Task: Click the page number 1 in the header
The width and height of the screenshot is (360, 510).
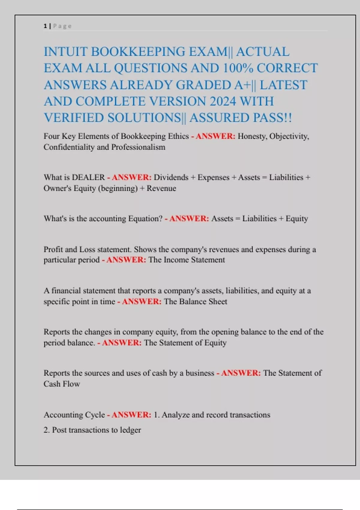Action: (x=45, y=26)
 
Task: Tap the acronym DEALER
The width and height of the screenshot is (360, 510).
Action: (x=88, y=177)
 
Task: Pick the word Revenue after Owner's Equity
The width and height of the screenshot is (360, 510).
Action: (x=161, y=188)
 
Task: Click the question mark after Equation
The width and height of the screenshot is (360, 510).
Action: (x=161, y=218)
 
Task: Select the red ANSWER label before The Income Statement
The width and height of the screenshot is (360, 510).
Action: (x=126, y=260)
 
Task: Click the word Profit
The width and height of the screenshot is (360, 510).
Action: (x=53, y=249)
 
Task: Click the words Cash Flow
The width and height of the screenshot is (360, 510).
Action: (x=62, y=384)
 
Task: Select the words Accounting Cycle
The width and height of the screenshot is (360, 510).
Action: (x=74, y=415)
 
